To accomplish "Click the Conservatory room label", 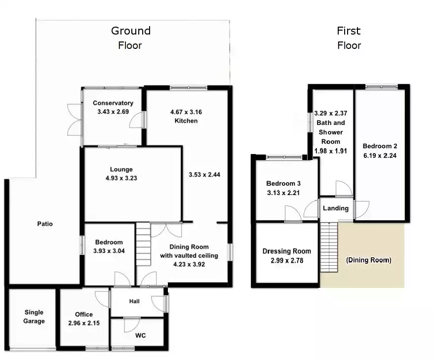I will (x=113, y=103).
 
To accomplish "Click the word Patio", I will (x=44, y=224).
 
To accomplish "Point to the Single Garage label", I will (x=34, y=317).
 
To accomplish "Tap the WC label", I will (x=140, y=336).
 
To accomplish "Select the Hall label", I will (x=134, y=301).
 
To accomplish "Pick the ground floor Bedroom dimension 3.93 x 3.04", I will (x=109, y=250).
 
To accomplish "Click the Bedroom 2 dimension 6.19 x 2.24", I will (x=380, y=155).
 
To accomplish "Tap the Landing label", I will (x=336, y=208).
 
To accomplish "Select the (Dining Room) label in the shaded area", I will (x=368, y=260).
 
